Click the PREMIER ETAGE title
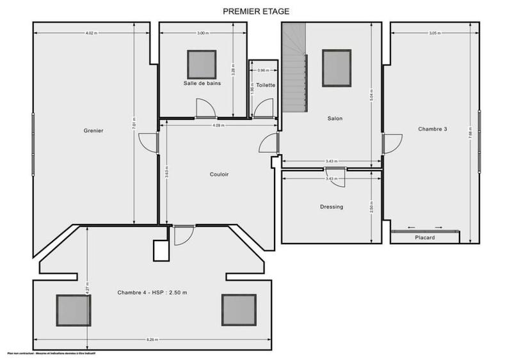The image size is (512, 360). (255, 11)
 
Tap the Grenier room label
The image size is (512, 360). (93, 131)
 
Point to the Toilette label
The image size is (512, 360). (266, 85)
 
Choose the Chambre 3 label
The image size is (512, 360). (433, 129)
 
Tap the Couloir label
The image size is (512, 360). (219, 174)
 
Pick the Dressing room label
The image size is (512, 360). (332, 207)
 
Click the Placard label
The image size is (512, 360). (425, 238)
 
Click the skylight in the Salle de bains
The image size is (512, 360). (202, 64)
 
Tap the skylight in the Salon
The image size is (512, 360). (337, 68)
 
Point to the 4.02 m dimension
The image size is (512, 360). (92, 33)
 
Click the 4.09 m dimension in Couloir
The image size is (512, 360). (218, 125)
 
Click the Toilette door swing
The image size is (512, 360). (263, 109)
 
